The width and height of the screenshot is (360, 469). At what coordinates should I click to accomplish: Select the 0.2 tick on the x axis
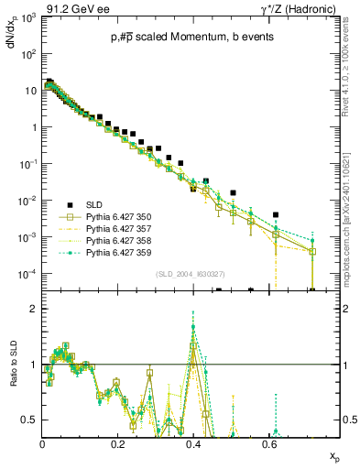(117, 444)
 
